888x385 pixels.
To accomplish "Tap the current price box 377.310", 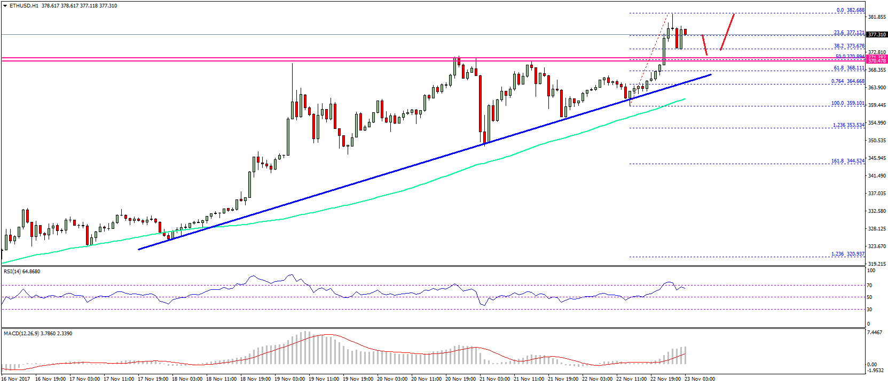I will (877, 35).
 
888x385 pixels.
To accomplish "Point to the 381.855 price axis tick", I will (877, 17).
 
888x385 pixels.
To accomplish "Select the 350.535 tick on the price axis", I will (877, 141).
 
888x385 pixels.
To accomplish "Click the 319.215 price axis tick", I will (877, 264).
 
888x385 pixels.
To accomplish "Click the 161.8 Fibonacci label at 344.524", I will (847, 161).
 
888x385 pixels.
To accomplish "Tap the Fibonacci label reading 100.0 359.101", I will (847, 103).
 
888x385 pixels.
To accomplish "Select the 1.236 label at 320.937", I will (847, 254).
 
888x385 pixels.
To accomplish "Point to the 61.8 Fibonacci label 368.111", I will (849, 68).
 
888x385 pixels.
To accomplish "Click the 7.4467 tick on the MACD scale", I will (875, 333).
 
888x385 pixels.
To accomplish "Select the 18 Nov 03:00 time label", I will (187, 379).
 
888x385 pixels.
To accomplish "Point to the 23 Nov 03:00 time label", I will (700, 379).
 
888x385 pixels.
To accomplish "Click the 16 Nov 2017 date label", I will (15, 379).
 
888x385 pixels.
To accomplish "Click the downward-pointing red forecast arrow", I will (705, 45).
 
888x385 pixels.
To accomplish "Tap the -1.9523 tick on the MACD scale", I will (876, 370).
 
